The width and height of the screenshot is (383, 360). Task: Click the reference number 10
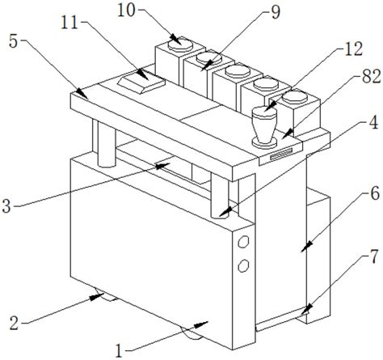coord(126,11)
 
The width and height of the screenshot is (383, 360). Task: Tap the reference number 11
coord(69,23)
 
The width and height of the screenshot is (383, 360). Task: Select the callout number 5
coord(14,42)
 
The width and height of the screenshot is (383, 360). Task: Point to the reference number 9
coord(276,12)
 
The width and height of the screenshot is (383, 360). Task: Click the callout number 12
coord(354,49)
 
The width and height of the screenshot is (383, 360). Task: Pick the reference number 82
coord(371,76)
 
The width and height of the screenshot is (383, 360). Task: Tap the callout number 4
coord(373,123)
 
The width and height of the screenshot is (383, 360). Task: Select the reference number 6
coord(375,193)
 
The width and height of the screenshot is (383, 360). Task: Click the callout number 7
coord(374,256)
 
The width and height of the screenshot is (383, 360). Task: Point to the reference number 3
coord(6,206)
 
